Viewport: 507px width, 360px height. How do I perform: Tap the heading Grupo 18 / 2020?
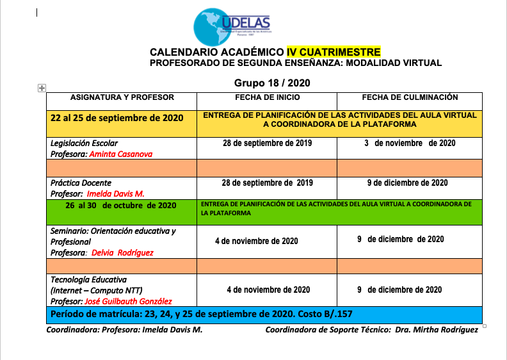point(272,83)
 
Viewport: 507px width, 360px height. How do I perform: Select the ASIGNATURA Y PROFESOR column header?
point(122,97)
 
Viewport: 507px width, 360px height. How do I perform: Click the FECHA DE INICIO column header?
point(267,97)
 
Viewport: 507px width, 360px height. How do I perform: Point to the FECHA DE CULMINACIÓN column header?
point(410,97)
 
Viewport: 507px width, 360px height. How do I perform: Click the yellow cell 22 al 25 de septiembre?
point(117,118)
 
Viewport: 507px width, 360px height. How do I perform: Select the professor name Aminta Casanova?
point(122,154)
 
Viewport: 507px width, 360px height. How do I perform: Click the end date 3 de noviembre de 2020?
point(410,143)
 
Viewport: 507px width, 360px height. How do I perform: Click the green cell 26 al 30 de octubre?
point(120,206)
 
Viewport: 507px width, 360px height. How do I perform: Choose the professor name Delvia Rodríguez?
point(122,252)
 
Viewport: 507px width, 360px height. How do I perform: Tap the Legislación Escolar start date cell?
point(267,143)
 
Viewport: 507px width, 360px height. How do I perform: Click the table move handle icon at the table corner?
point(42,87)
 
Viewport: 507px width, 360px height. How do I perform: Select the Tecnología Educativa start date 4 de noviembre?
point(268,290)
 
